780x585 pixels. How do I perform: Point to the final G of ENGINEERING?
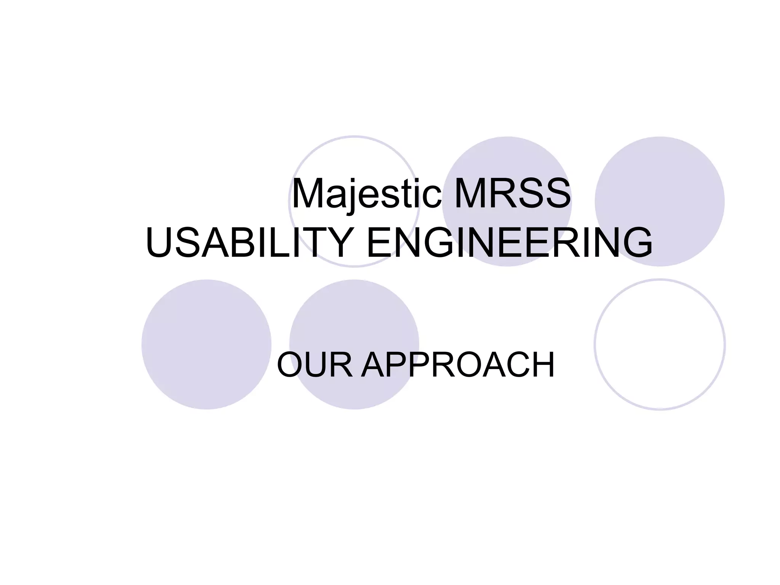click(x=636, y=243)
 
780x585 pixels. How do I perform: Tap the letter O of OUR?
click(x=291, y=365)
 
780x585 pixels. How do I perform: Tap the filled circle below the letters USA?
click(x=206, y=345)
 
